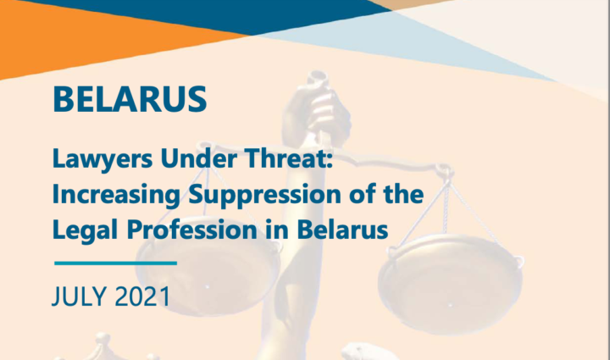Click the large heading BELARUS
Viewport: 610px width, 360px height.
[130, 99]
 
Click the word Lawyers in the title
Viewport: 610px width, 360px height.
[103, 159]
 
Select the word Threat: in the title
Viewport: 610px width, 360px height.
[290, 158]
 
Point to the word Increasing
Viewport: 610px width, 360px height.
[116, 194]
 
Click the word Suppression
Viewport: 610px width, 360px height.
[264, 194]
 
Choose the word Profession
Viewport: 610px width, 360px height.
[191, 229]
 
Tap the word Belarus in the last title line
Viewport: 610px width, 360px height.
[342, 229]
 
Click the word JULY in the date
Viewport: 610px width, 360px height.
[79, 296]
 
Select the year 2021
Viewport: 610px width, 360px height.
[142, 296]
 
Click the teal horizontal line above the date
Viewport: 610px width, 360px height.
[115, 263]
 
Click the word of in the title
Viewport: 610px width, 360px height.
[364, 194]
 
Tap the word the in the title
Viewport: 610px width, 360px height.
[403, 194]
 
